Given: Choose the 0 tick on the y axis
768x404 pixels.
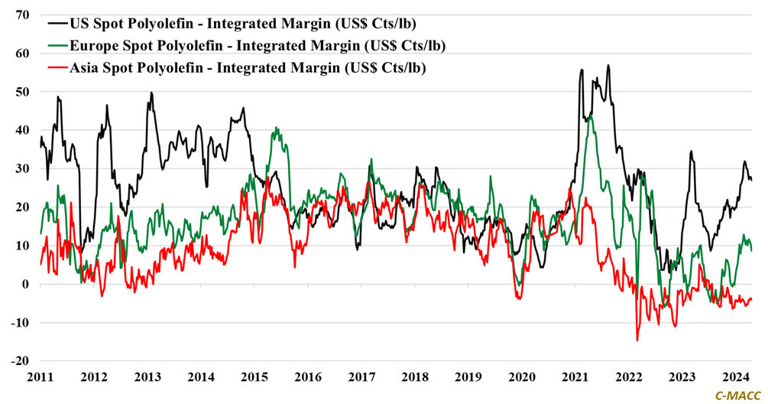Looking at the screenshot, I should pos(26,285).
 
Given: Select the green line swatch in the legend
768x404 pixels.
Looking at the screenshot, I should pos(55,45).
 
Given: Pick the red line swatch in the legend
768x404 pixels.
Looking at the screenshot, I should pos(55,67).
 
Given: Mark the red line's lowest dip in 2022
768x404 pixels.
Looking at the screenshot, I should pos(637,340).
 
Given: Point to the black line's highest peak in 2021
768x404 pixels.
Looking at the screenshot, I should pos(608,66).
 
